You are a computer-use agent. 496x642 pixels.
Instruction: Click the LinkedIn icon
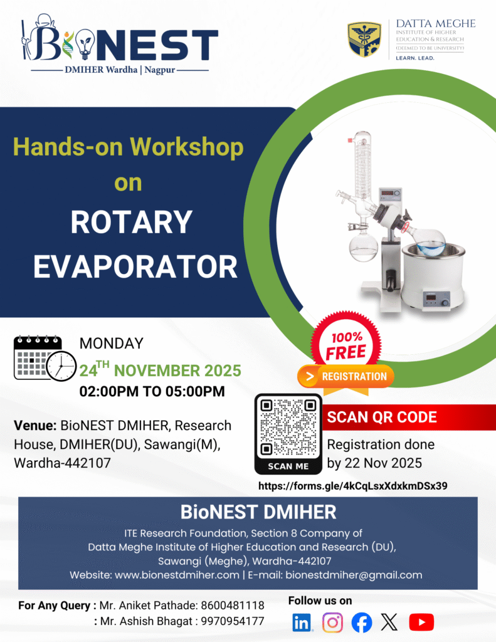point(302,623)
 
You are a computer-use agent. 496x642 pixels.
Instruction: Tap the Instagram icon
point(332,623)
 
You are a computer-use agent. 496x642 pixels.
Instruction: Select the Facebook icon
point(362,623)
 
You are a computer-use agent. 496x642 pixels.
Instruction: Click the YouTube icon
point(421,623)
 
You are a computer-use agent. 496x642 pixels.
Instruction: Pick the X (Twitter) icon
point(389,623)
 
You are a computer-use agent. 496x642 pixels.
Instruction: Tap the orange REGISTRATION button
point(346,377)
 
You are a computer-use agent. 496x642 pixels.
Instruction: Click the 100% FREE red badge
point(346,344)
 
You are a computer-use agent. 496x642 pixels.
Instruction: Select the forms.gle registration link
point(352,486)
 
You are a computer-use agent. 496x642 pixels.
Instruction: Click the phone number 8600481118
point(233,606)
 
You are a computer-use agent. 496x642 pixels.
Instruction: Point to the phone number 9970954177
point(233,621)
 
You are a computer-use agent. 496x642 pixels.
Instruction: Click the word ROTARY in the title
point(131,223)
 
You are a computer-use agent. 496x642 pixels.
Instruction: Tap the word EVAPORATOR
point(135,266)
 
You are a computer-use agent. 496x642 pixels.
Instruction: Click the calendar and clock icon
point(45,359)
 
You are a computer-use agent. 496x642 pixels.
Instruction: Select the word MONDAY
point(111,344)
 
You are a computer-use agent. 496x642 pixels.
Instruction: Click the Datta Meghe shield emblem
point(364,39)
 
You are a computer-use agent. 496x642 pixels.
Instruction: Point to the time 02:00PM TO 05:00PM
point(152,391)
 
